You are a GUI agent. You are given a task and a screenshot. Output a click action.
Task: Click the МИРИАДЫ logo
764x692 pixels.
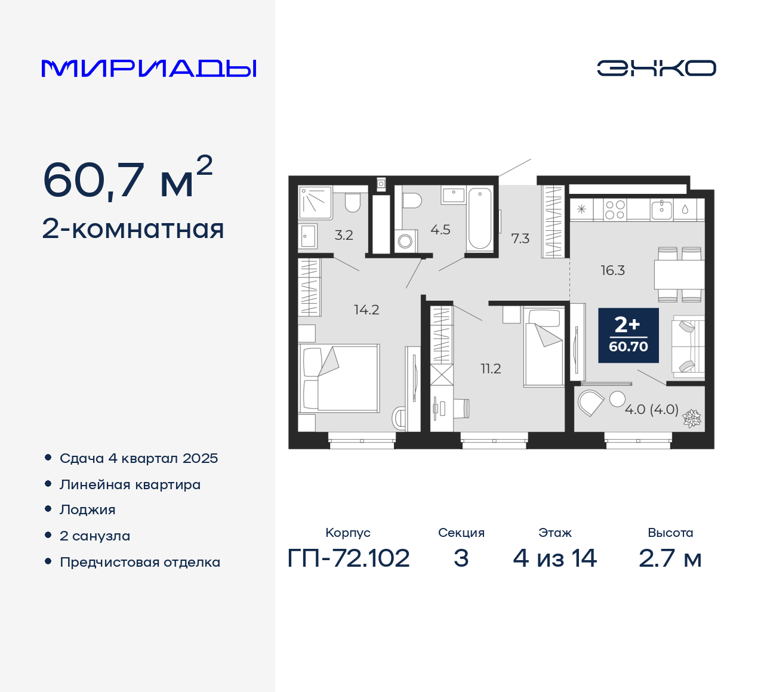[x=149, y=69]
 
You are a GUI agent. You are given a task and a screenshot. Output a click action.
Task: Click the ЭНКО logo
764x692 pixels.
[x=656, y=68]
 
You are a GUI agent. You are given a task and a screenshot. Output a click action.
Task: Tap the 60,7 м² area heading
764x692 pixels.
[x=127, y=179]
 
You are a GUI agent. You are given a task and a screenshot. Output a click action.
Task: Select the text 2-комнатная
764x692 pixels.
[x=133, y=229]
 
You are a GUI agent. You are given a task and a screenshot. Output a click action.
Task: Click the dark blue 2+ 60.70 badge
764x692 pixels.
[x=628, y=335]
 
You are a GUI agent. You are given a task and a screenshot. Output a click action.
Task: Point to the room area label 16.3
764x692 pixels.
[x=612, y=270]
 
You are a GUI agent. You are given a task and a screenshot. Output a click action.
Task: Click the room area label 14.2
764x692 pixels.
[x=366, y=310]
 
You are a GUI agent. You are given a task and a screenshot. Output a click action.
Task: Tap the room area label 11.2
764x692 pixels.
[x=491, y=369]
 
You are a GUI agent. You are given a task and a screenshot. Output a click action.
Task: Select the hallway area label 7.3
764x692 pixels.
[x=520, y=239]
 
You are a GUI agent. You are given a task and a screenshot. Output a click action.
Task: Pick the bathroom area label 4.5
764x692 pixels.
[x=440, y=230]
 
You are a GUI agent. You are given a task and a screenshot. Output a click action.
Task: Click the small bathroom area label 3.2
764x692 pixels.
[x=344, y=235]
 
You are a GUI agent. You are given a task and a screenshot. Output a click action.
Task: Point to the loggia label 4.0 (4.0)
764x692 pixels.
[x=651, y=410]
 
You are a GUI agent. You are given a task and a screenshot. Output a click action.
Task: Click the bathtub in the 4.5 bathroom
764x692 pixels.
[x=480, y=218]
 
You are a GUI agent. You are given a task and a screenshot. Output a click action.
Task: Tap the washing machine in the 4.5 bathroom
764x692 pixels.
[x=405, y=241]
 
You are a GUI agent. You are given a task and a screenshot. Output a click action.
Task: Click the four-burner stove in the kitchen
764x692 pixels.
[x=615, y=210]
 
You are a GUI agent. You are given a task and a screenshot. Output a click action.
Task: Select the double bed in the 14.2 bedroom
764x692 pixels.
[x=339, y=378]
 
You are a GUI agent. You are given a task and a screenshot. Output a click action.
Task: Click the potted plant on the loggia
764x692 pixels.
[x=692, y=418]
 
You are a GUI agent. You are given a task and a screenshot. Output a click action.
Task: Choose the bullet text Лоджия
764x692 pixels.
[x=88, y=510]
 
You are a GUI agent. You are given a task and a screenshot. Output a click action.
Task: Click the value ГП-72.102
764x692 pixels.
[x=349, y=558]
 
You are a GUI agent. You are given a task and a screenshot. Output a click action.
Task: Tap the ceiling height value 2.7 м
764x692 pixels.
[x=670, y=558]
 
